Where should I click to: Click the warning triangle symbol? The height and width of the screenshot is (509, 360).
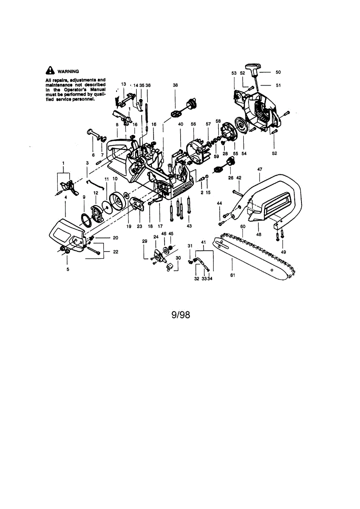(x=50, y=71)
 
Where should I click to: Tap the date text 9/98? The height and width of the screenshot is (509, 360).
(x=180, y=315)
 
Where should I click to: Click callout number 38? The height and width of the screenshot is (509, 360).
(x=175, y=85)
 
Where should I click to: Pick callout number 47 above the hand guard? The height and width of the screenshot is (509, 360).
(x=260, y=169)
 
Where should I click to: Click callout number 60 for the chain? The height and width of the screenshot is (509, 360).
(x=243, y=227)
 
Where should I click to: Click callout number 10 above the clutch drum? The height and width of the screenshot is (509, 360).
(x=115, y=179)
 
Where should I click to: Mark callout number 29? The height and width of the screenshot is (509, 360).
(x=144, y=241)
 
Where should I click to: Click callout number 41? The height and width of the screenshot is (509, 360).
(x=204, y=242)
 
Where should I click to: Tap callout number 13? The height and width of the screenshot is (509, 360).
(x=123, y=84)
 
